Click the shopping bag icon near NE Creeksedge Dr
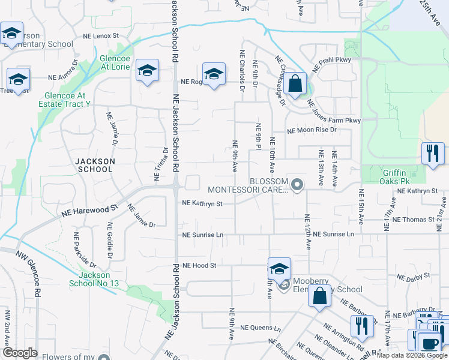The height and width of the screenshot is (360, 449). (295, 83)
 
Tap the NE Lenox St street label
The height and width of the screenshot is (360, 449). (101, 36)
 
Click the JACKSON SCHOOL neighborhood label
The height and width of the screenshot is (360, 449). (94, 165)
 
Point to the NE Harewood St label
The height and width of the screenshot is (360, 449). (89, 211)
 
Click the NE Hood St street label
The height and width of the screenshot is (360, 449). (199, 265)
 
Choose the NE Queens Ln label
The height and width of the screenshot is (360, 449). (261, 328)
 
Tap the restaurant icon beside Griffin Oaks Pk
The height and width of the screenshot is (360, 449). (432, 153)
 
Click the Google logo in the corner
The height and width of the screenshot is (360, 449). (20, 353)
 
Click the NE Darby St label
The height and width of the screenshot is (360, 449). (417, 277)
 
